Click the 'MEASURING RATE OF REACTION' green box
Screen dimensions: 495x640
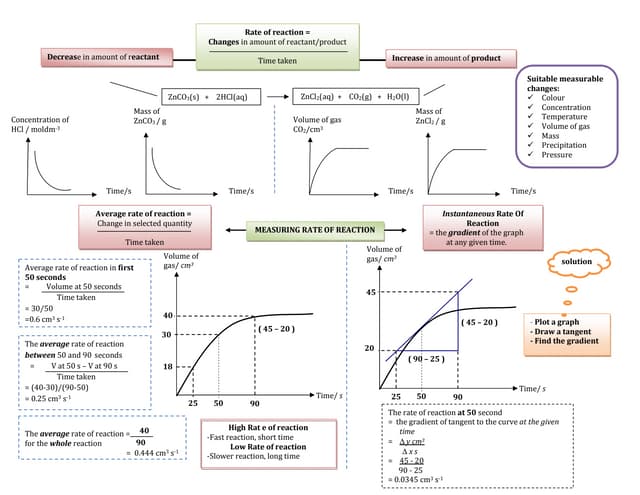[315, 230]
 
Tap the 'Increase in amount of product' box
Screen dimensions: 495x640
[444, 59]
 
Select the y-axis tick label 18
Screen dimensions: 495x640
[168, 367]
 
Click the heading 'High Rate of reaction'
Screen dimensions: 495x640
[267, 427]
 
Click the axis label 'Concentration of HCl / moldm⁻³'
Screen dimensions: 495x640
[36, 125]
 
